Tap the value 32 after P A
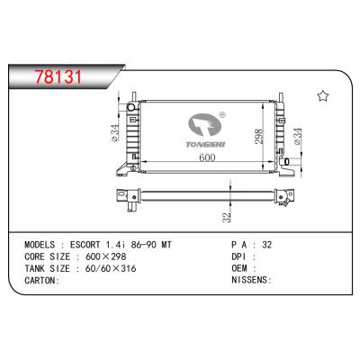(x=266, y=243)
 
